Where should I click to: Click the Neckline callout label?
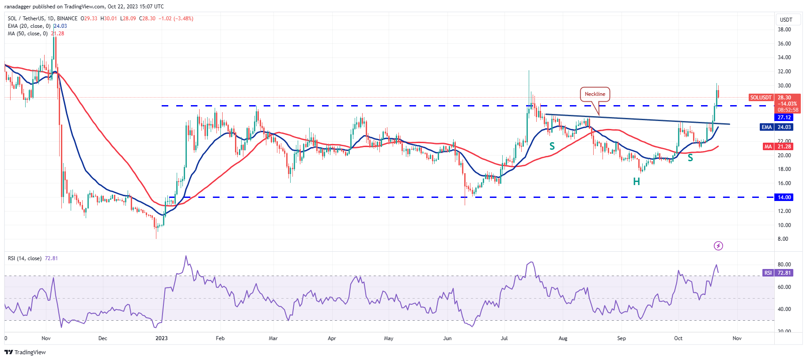[x=595, y=94]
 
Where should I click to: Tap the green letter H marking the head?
[x=637, y=182]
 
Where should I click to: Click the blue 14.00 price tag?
[x=784, y=197]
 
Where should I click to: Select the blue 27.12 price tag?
[x=784, y=117]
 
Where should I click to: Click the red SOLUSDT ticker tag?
[x=761, y=98]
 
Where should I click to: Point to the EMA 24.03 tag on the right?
[x=776, y=127]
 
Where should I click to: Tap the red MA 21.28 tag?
[x=776, y=147]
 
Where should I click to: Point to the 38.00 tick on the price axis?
[x=784, y=30]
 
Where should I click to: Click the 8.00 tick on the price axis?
[x=783, y=239]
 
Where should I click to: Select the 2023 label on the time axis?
[x=162, y=338]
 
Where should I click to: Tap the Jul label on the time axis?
[x=504, y=338]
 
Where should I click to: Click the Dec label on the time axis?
[x=102, y=338]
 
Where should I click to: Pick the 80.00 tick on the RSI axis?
[x=784, y=265]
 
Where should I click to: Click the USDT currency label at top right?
[x=786, y=20]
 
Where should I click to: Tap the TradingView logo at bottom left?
[x=25, y=352]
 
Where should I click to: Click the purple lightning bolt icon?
[x=718, y=246]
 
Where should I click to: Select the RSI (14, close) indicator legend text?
[x=25, y=258]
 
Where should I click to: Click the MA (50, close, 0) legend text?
[x=27, y=34]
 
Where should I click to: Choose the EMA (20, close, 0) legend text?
[x=29, y=26]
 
